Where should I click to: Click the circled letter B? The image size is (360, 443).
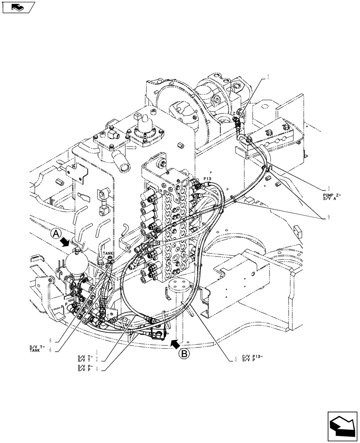(x=185, y=353)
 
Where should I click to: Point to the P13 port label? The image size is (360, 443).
(x=208, y=179)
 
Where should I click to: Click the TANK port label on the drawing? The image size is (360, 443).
(x=108, y=254)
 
